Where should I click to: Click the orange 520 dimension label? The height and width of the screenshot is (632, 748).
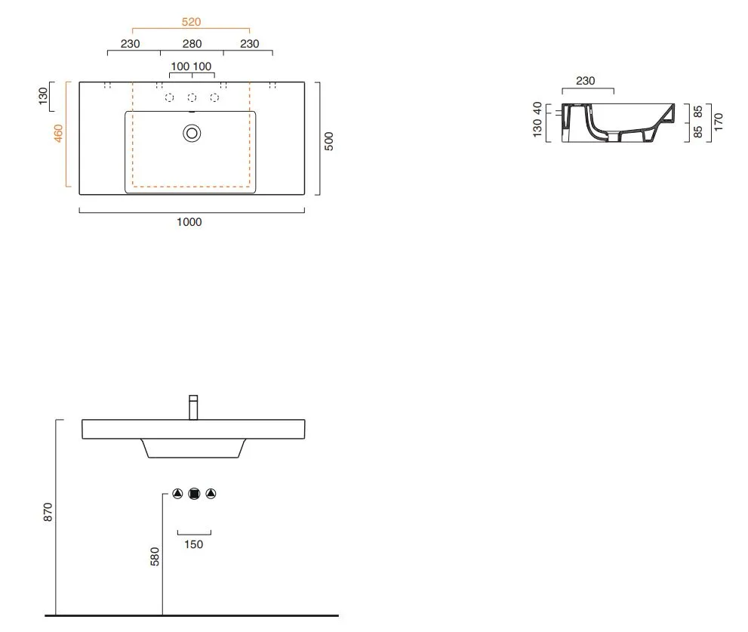(x=191, y=22)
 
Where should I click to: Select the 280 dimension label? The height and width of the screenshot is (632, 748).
(x=192, y=44)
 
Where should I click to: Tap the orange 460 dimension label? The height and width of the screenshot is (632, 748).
(x=58, y=133)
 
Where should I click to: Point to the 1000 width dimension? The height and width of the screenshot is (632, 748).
(x=189, y=222)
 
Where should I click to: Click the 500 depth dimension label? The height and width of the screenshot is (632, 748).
(x=329, y=141)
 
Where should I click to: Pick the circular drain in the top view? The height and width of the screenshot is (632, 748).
(x=192, y=134)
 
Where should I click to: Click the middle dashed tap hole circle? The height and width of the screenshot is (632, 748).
(x=192, y=98)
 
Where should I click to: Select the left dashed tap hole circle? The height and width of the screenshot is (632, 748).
(x=169, y=98)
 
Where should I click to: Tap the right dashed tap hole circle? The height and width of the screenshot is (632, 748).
(x=214, y=98)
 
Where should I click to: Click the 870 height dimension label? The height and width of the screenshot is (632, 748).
(x=48, y=512)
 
